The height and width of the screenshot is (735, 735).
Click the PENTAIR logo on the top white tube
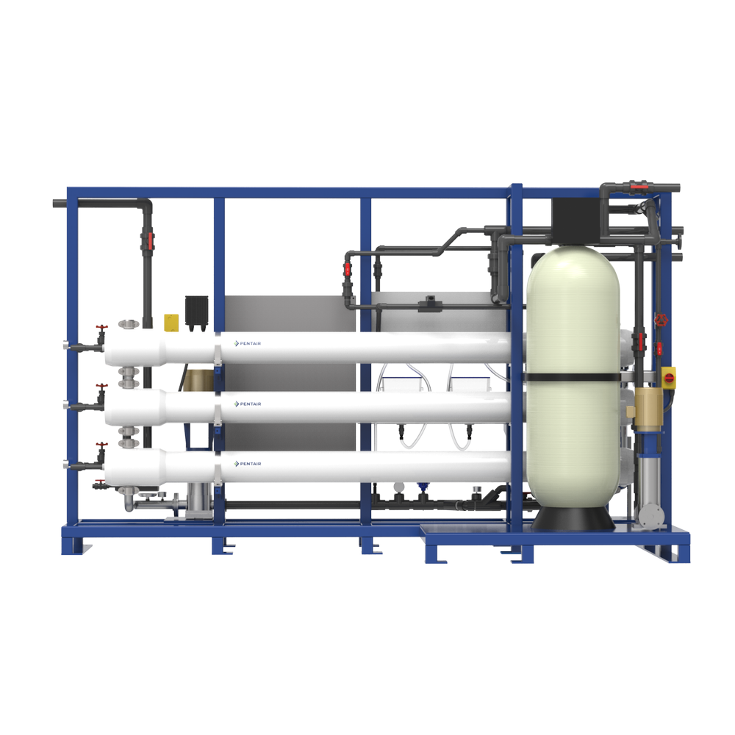point(248,343)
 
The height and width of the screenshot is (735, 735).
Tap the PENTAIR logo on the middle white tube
point(248,404)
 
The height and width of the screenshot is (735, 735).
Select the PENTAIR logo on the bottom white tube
point(248,464)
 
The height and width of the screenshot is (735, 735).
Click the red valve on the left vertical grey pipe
point(150,239)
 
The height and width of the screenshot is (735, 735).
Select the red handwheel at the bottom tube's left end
point(102,446)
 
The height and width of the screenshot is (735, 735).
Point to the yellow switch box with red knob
point(670,376)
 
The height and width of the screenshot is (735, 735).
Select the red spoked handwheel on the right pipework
point(661,320)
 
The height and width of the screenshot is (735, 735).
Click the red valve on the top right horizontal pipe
point(634,186)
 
